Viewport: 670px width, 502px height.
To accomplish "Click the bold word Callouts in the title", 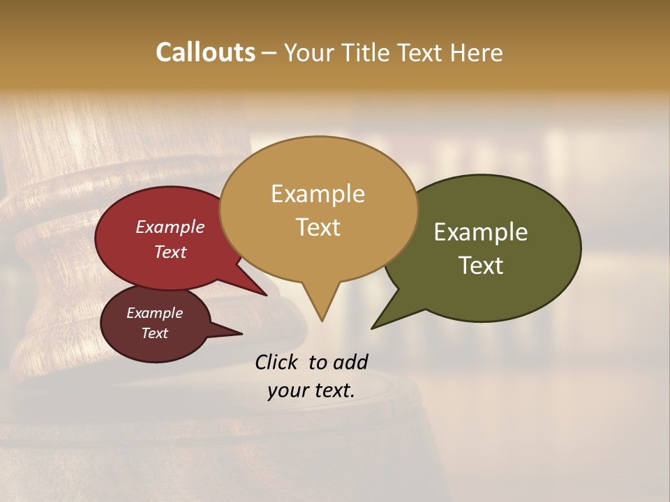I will click(x=205, y=52).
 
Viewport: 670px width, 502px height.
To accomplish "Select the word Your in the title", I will click(x=309, y=52).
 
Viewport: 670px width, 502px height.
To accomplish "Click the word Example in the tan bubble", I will click(x=318, y=194).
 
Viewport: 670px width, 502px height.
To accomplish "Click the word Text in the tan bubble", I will click(x=318, y=227).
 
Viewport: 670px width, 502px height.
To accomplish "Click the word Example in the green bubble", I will click(x=481, y=232).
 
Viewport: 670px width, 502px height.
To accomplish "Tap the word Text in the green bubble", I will click(x=481, y=266).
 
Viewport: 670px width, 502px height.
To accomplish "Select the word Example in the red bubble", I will click(x=170, y=227).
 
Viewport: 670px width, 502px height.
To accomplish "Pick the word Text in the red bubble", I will click(x=170, y=252).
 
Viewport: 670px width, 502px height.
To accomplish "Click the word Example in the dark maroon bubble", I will click(x=154, y=313).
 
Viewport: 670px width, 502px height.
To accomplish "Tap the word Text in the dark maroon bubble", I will click(x=154, y=333).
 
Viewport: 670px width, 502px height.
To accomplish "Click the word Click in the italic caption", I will click(x=276, y=362).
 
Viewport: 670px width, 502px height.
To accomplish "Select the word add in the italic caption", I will click(x=350, y=362).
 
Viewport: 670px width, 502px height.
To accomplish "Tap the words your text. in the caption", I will click(x=311, y=390).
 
